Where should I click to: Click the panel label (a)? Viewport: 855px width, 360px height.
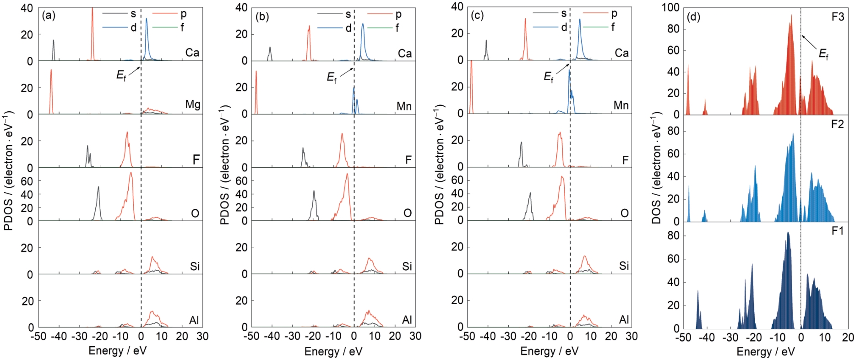(49, 16)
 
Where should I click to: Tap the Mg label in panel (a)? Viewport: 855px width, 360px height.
(193, 104)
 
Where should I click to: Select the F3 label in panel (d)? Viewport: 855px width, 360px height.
(838, 17)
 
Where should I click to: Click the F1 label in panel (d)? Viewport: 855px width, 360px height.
(838, 231)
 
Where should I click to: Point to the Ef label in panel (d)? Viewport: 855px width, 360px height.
(823, 55)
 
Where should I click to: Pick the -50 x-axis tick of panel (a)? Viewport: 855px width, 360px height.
(38, 337)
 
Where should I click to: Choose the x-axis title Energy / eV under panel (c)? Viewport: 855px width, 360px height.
(549, 351)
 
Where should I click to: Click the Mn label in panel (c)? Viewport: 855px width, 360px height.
(621, 105)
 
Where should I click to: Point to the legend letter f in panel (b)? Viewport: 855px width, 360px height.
(397, 28)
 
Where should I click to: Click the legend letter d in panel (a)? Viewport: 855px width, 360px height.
(133, 27)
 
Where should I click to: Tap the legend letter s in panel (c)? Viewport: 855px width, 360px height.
(564, 14)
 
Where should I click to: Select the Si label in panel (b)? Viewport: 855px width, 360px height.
(407, 267)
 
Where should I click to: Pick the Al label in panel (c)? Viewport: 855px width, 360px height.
(624, 320)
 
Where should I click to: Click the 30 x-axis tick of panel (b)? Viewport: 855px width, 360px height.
(415, 336)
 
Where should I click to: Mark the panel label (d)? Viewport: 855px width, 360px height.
(694, 17)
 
